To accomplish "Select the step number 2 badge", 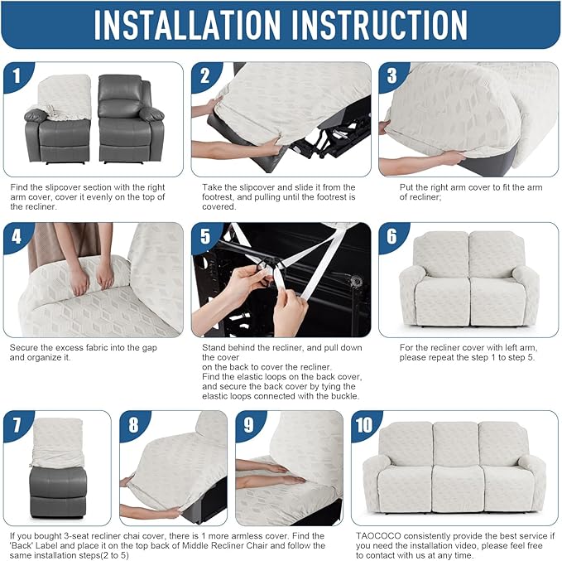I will point(205,76).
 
